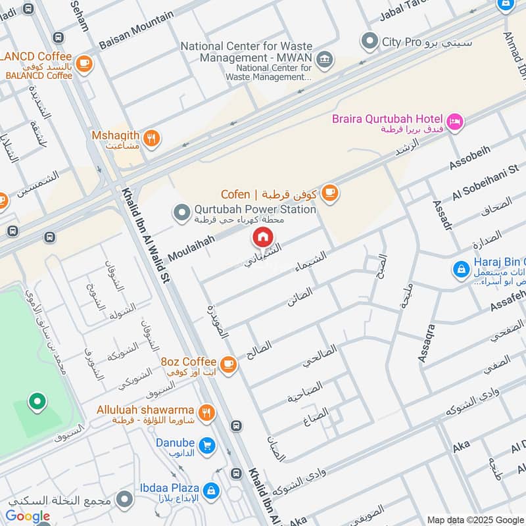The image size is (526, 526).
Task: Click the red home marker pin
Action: (262, 237)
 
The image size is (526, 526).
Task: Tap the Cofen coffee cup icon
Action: (329, 193)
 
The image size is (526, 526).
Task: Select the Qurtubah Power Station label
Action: (255, 209)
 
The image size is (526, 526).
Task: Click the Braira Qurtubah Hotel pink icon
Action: (454, 122)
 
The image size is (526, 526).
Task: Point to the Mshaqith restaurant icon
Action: (152, 139)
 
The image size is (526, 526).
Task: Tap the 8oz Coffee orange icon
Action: (227, 364)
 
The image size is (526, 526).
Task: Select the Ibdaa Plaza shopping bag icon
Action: (211, 490)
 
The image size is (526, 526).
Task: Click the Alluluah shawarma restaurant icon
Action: (207, 413)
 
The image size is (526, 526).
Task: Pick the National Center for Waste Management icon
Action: (323, 60)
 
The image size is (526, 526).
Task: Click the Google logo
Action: (28, 516)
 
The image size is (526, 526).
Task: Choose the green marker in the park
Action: (37, 401)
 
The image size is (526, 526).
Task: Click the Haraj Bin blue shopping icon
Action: (462, 269)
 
